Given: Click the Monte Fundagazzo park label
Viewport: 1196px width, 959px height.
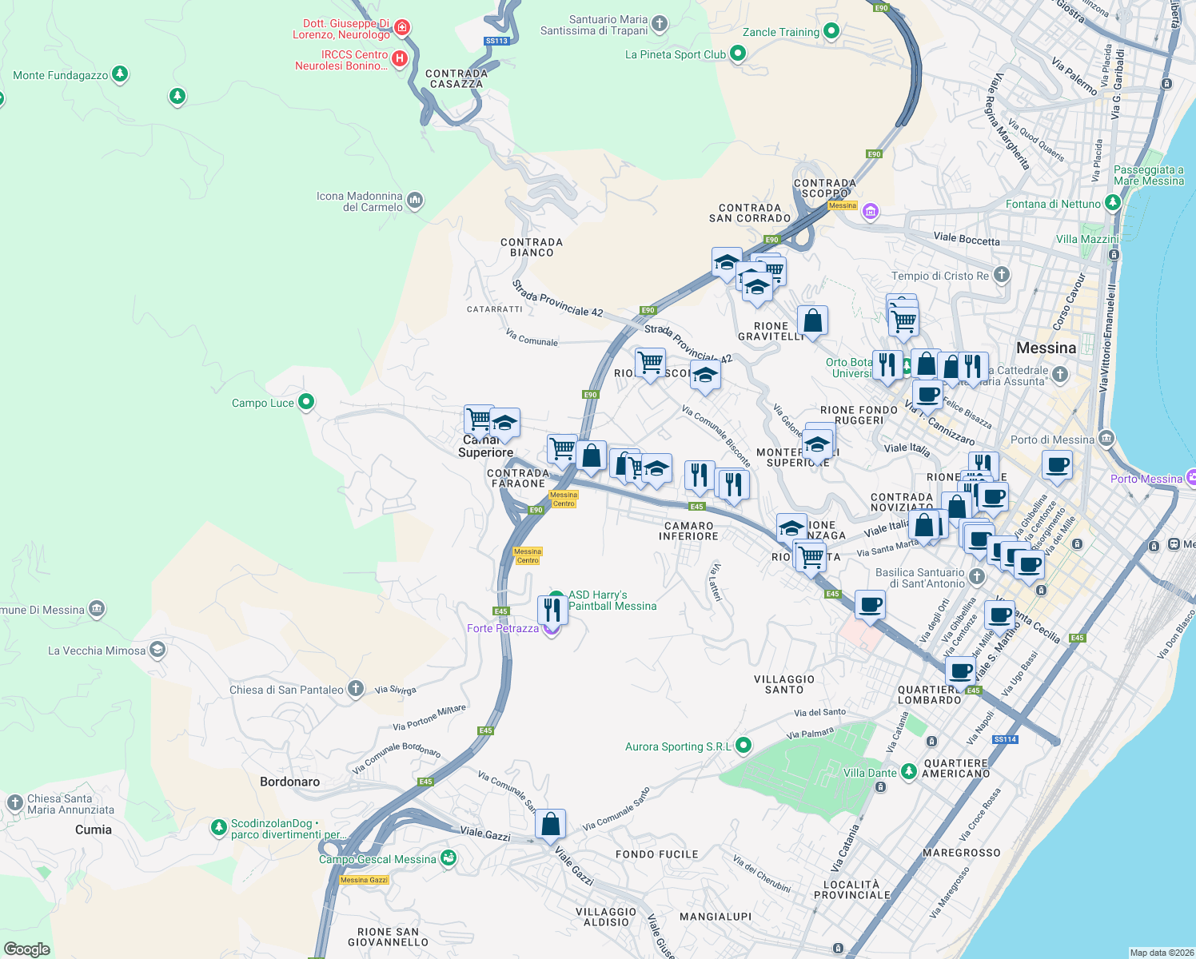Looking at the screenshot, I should click(x=61, y=75).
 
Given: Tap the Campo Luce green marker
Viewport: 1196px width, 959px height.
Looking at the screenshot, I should click(x=306, y=402).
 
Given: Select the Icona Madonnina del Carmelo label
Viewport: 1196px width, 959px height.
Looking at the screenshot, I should click(x=359, y=201).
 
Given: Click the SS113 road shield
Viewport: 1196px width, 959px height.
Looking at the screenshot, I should click(x=496, y=41).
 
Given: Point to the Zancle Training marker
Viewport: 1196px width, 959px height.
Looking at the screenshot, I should click(x=831, y=31).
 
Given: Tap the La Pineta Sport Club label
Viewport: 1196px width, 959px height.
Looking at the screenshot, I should click(x=676, y=54).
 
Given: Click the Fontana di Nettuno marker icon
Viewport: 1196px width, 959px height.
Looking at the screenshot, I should click(x=1112, y=204).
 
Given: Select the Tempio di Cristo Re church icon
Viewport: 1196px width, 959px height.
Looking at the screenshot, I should click(x=1001, y=276).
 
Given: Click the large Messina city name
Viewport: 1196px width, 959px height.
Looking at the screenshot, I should click(x=1046, y=348).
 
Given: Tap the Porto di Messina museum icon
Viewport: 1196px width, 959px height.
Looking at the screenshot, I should click(x=1106, y=438).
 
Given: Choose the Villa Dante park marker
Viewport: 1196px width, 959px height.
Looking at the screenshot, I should click(x=908, y=771).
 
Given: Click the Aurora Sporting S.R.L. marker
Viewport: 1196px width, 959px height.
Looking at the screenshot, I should click(x=743, y=746).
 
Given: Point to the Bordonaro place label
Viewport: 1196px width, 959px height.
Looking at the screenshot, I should click(x=289, y=782).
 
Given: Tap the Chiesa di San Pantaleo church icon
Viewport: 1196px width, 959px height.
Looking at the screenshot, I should click(x=356, y=689).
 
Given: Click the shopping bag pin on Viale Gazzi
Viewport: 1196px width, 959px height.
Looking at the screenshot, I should click(x=550, y=824).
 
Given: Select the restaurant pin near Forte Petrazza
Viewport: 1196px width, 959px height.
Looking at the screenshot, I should click(x=552, y=610).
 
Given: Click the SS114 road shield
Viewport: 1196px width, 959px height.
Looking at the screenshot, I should click(x=1005, y=739).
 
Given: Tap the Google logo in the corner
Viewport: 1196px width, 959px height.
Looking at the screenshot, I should click(x=27, y=949).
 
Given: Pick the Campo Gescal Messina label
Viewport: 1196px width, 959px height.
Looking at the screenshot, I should click(x=377, y=859).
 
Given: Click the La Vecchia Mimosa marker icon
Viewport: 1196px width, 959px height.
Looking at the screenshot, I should click(x=157, y=650).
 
